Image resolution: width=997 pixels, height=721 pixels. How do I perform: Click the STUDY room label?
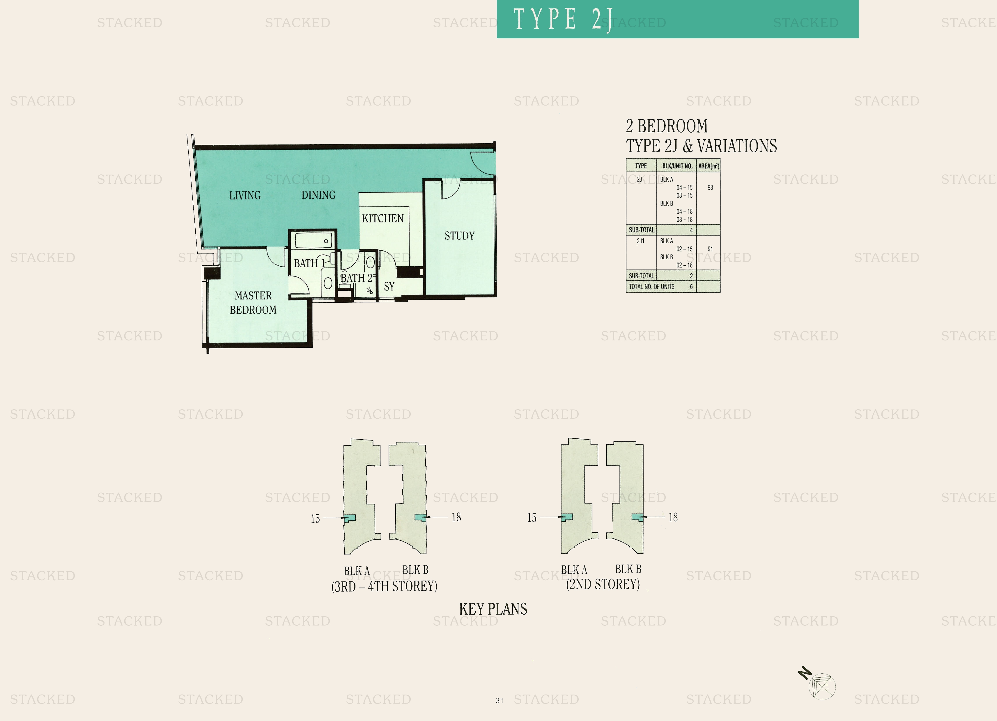(x=459, y=236)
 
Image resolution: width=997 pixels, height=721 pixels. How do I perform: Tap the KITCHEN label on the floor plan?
(x=382, y=218)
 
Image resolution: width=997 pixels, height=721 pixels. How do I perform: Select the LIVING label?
(x=245, y=195)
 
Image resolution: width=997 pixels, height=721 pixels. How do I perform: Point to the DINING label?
(x=318, y=195)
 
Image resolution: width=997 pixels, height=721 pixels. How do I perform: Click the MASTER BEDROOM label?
(x=253, y=303)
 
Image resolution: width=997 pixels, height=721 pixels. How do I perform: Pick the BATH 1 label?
(x=309, y=263)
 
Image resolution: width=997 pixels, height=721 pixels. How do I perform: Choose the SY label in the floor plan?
(x=389, y=287)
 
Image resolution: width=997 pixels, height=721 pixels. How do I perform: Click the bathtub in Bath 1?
(x=313, y=241)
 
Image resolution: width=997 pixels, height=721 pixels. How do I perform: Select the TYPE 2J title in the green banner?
(x=563, y=19)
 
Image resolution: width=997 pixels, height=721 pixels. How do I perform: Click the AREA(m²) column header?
(x=709, y=166)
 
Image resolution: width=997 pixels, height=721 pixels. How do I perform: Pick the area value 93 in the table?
(x=710, y=188)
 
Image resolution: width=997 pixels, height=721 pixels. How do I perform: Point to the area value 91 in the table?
(x=710, y=249)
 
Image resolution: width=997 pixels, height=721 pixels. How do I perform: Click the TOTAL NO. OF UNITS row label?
(x=651, y=287)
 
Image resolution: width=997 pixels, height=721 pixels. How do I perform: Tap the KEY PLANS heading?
(x=493, y=609)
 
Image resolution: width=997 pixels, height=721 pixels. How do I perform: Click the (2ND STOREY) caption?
(x=603, y=584)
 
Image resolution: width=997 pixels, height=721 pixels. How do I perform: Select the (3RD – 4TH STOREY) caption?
(x=384, y=586)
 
